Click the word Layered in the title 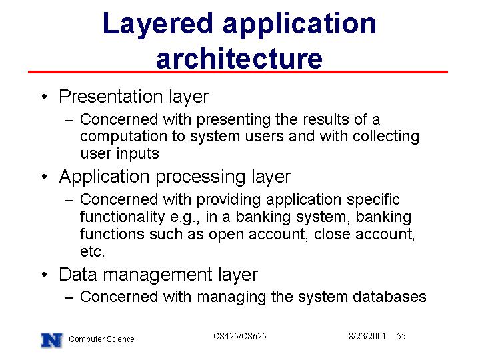(157, 25)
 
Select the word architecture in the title (239, 59)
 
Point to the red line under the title (238, 72)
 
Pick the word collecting (386, 137)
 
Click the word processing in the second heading (201, 177)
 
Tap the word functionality (123, 217)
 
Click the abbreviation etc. (93, 251)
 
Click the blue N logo (52, 340)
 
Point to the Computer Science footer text (101, 339)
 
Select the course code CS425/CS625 (240, 336)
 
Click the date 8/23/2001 (367, 336)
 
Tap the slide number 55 (401, 336)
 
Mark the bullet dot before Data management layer (45, 274)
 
